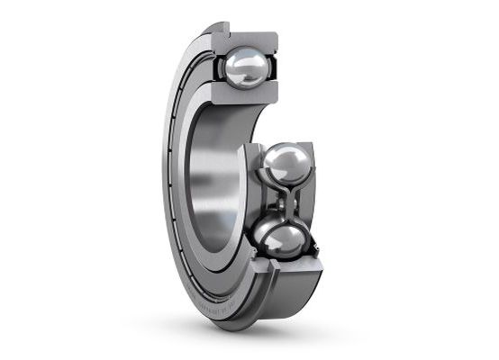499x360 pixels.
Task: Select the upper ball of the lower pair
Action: coord(286,167)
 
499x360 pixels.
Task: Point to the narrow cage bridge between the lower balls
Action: coord(288,203)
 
